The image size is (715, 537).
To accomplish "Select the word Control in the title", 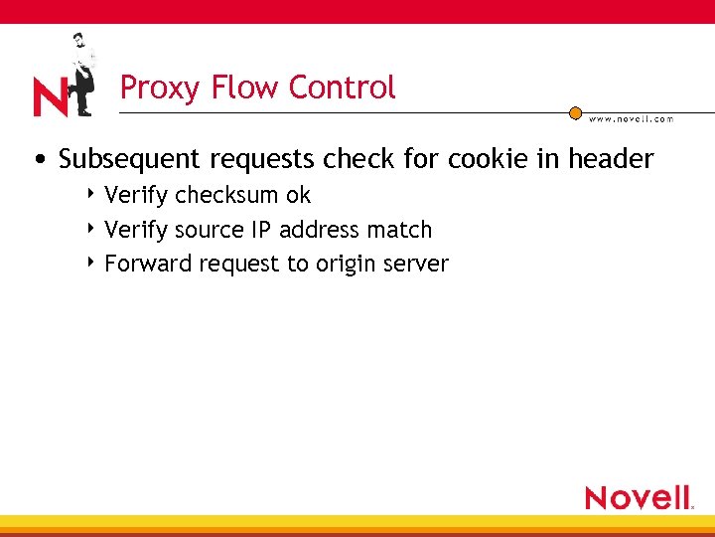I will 342,88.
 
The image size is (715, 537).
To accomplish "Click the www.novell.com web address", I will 632,119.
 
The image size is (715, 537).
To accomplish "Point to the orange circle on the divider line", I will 575,113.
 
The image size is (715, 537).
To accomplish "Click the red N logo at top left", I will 50,97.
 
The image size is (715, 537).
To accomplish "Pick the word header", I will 611,159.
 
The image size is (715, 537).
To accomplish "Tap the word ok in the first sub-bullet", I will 298,195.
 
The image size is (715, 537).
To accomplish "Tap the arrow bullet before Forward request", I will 91,263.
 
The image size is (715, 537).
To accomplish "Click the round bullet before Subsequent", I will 37,160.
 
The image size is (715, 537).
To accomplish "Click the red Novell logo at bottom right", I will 639,497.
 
